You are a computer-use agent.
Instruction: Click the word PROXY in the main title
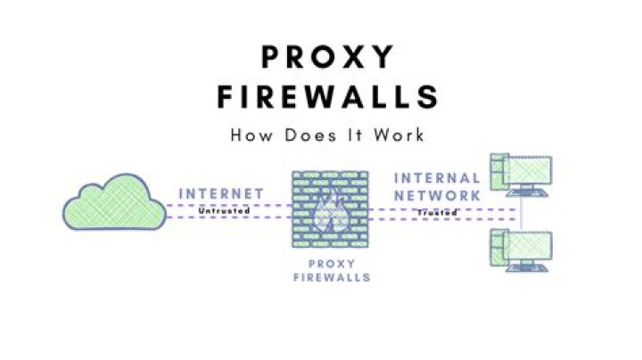pyautogui.click(x=327, y=56)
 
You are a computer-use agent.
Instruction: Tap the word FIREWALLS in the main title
pyautogui.click(x=328, y=97)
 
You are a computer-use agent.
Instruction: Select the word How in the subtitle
pyautogui.click(x=251, y=135)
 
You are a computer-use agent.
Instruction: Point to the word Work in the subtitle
pyautogui.click(x=399, y=135)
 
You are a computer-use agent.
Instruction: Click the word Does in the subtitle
pyautogui.click(x=310, y=135)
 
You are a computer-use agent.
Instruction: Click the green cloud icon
pyautogui.click(x=115, y=201)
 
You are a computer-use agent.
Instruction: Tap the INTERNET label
pyautogui.click(x=221, y=193)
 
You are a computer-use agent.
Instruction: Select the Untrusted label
pyautogui.click(x=224, y=211)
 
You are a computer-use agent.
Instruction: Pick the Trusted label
pyautogui.click(x=437, y=212)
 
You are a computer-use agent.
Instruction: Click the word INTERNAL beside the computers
pyautogui.click(x=437, y=178)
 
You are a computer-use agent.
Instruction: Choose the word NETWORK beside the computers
pyautogui.click(x=437, y=196)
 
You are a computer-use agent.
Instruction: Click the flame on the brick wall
pyautogui.click(x=331, y=216)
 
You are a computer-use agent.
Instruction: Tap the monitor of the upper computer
pyautogui.click(x=527, y=170)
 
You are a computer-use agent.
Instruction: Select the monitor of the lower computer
pyautogui.click(x=527, y=245)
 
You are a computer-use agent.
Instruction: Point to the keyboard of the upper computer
pyautogui.click(x=527, y=192)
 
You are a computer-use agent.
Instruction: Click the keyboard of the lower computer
pyautogui.click(x=527, y=268)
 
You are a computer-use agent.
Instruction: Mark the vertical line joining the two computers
pyautogui.click(x=522, y=213)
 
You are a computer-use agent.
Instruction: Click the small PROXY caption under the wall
pyautogui.click(x=332, y=264)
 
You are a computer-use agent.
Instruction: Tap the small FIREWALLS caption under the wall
pyautogui.click(x=332, y=277)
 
